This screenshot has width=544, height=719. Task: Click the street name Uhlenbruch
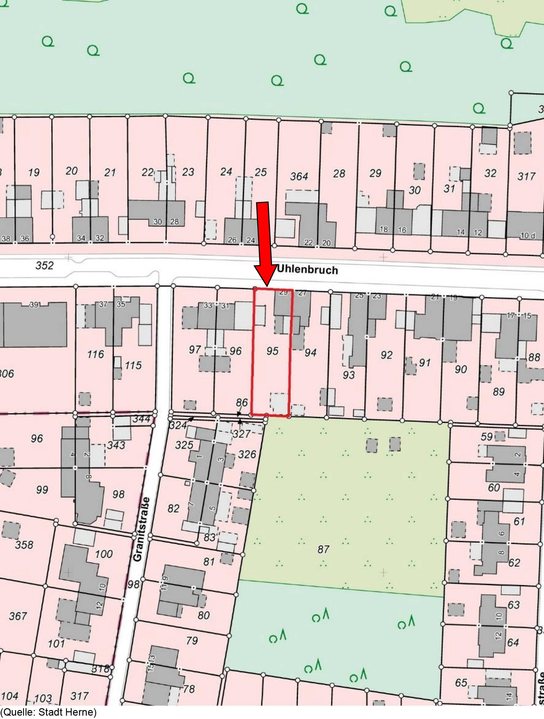point(307,270)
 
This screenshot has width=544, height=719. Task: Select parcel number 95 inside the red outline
point(272,351)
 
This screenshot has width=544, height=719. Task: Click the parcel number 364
point(299,177)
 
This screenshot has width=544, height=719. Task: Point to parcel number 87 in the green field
point(323,549)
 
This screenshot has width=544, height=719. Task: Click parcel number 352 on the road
point(45,266)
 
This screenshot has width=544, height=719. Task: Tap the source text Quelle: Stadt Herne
point(49,712)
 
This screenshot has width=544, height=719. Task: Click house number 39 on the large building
point(34,305)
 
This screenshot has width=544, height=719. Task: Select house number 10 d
point(527,236)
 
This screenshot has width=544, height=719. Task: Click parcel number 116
point(95,354)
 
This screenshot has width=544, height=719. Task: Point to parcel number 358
point(24,545)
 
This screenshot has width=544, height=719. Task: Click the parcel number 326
point(247,454)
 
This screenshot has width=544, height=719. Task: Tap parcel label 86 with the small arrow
point(242,402)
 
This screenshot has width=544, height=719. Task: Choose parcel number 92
point(386,355)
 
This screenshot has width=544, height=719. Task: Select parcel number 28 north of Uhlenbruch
point(339,174)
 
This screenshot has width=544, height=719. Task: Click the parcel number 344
point(141,419)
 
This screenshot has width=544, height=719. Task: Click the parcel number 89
point(498,392)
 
